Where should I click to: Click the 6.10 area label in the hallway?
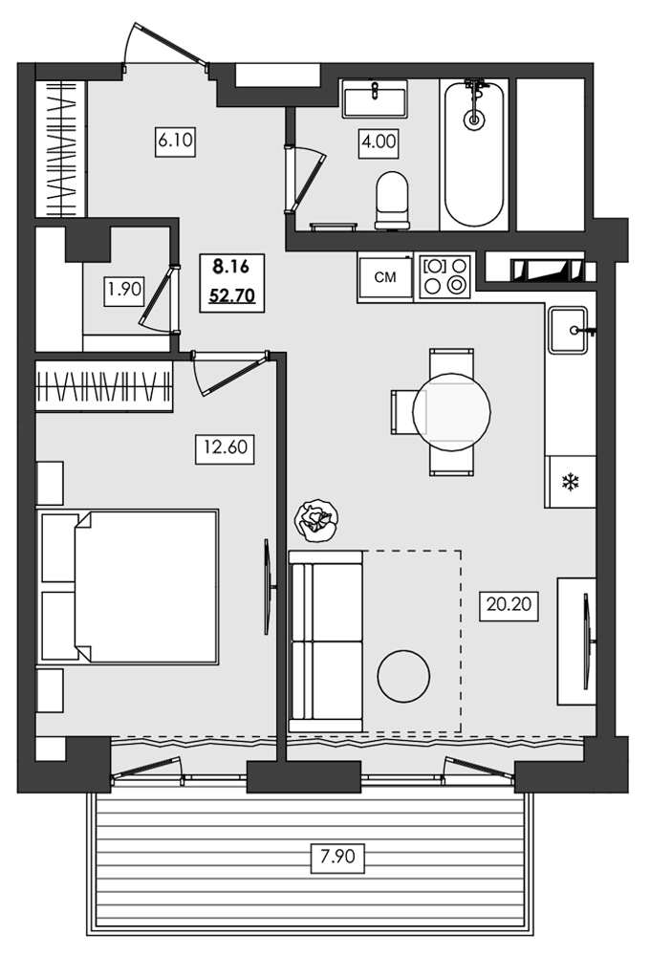pos(176,141)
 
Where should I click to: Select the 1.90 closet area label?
pos(123,291)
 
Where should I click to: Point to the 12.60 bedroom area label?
pos(224,447)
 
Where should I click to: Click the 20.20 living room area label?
pos(507,604)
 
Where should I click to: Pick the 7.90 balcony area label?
pos(336,857)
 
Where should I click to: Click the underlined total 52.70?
pos(231,294)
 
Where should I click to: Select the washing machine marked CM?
pos(385,278)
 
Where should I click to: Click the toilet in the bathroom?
pos(392,200)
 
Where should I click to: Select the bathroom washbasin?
pos(375,98)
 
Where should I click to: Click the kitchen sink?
pos(571,330)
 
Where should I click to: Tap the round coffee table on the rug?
pos(404,674)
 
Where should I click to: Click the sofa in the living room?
pos(325,641)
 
